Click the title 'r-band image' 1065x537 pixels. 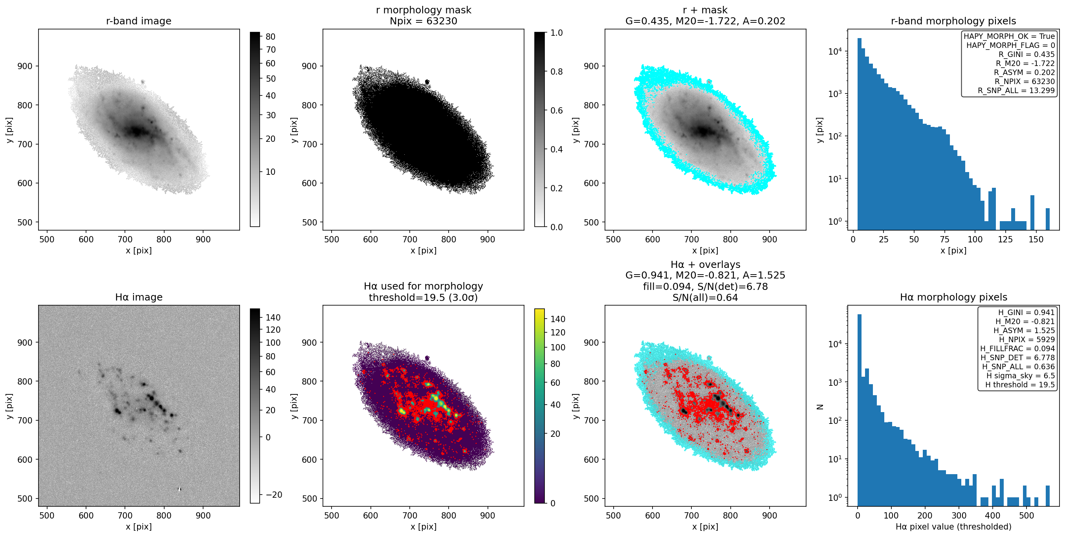point(139,21)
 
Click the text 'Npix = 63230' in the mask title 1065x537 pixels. point(423,21)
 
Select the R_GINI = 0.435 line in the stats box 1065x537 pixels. point(1027,54)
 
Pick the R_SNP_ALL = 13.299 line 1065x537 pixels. point(1016,90)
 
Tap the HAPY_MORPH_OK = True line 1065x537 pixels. point(1009,37)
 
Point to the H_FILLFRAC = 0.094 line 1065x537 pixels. point(1017,348)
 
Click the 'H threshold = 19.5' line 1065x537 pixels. point(1020,385)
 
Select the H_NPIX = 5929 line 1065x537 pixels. point(1027,339)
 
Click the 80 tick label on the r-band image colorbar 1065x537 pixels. point(270,37)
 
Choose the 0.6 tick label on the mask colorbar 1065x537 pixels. point(557,110)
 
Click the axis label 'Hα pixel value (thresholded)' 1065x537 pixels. point(953,527)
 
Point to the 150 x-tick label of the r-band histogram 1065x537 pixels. point(1036,239)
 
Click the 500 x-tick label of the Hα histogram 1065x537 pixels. point(1027,515)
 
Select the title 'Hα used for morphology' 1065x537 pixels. point(423,286)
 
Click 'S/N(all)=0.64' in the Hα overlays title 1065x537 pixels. point(705,298)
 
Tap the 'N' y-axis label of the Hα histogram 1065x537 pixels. point(820,407)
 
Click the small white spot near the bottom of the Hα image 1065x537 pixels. point(180,489)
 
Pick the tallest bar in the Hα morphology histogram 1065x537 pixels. point(860,410)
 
